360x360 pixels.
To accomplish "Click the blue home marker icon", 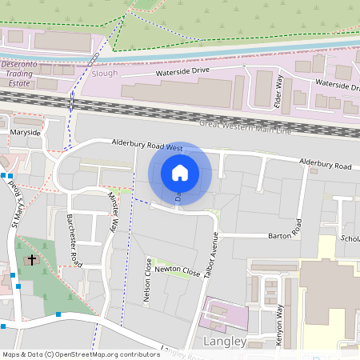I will coord(180,173).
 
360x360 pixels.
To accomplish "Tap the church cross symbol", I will coord(33,260).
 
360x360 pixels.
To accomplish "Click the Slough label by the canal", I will coord(106,73).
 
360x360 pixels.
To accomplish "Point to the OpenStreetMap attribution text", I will coord(81,354).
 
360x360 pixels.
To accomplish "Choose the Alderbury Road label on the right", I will coord(325,165).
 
